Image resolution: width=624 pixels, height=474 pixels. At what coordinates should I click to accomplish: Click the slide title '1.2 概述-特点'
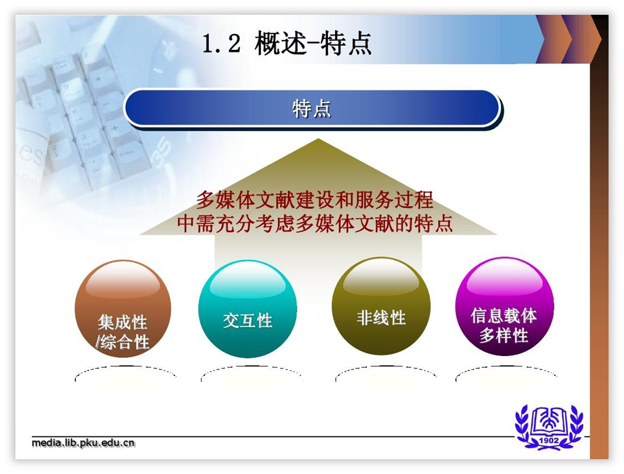[287, 43]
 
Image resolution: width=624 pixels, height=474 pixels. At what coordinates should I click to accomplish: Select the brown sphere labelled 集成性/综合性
[123, 309]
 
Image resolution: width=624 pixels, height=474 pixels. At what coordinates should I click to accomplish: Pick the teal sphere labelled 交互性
[248, 309]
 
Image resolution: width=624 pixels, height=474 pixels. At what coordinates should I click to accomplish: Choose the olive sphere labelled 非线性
[381, 306]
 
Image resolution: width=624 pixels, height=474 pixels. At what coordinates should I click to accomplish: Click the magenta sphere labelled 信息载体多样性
[504, 306]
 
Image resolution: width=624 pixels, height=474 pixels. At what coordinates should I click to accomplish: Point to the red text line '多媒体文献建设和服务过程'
[315, 200]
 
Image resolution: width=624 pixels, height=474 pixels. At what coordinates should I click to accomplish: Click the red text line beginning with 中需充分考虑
[315, 223]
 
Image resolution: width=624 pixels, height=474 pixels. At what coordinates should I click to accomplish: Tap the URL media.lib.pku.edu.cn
[83, 443]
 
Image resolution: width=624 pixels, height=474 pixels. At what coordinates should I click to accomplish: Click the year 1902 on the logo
[549, 441]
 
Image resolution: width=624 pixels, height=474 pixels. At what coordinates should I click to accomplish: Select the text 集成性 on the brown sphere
[122, 322]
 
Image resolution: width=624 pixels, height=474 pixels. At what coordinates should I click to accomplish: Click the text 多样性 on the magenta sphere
[504, 335]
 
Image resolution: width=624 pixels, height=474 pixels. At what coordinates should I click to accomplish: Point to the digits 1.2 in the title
[222, 43]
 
